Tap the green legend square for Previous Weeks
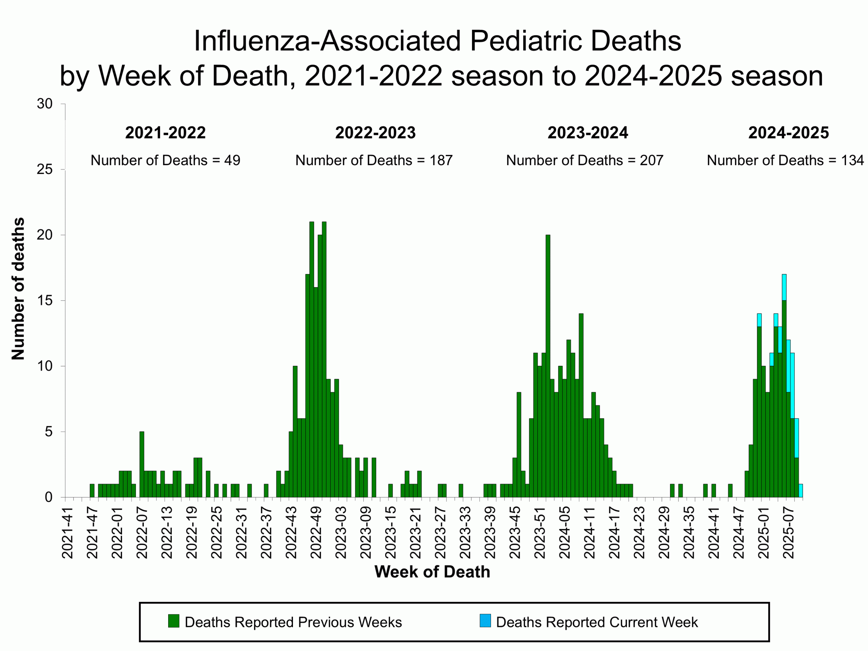(x=174, y=621)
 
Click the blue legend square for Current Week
(x=485, y=621)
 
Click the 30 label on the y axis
(x=45, y=104)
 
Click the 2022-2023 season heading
(x=375, y=133)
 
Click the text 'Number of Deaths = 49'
(x=165, y=160)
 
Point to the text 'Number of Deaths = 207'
(x=584, y=160)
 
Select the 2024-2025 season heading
(x=788, y=133)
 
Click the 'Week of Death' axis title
(x=432, y=572)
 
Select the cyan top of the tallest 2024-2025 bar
(x=784, y=287)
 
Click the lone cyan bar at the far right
(x=801, y=491)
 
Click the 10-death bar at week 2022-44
(x=295, y=432)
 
